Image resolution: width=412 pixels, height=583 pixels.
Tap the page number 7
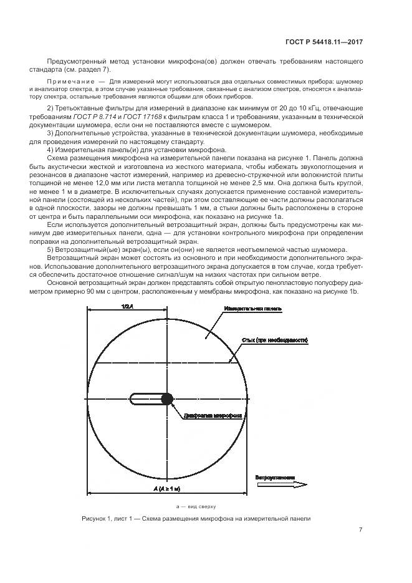pyautogui.click(x=361, y=530)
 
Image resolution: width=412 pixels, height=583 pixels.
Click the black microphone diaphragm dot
pyautogui.click(x=166, y=399)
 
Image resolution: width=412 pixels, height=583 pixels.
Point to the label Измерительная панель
pyautogui.click(x=253, y=309)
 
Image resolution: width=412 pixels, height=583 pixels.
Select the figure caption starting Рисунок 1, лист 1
pyautogui.click(x=195, y=518)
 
